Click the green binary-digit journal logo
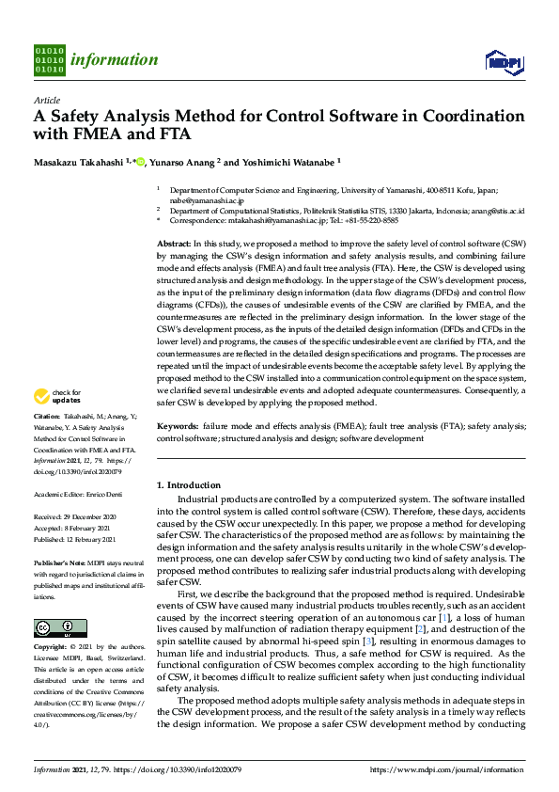[x=49, y=59]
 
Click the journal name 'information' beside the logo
[x=114, y=60]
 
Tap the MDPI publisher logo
[x=504, y=62]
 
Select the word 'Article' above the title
[x=47, y=100]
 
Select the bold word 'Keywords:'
[x=177, y=427]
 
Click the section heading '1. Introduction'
[x=188, y=484]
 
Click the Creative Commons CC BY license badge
[x=60, y=627]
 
